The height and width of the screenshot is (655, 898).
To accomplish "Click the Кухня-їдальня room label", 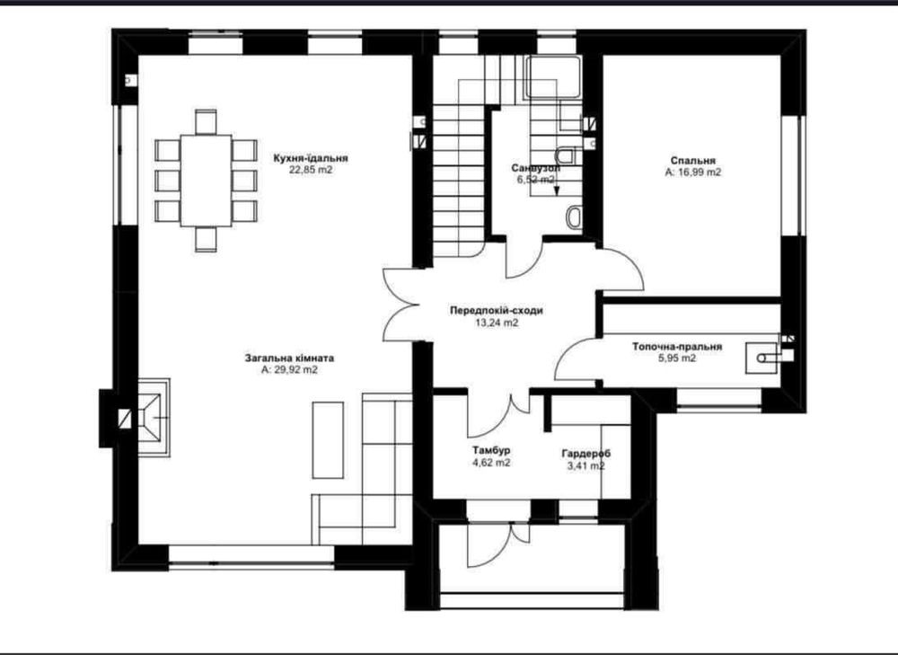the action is pyautogui.click(x=311, y=158).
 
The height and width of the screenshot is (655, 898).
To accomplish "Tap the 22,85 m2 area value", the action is pyautogui.click(x=311, y=170).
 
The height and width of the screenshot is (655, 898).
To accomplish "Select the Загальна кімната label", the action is pyautogui.click(x=289, y=358).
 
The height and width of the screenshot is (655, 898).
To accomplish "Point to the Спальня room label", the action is pyautogui.click(x=693, y=161).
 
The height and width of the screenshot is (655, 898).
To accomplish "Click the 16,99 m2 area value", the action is pyautogui.click(x=700, y=172).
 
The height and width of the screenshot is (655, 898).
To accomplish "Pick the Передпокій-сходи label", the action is pyautogui.click(x=497, y=311).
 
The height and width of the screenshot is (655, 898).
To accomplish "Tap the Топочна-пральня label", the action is pyautogui.click(x=677, y=347).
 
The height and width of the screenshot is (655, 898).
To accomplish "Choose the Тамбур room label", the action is pyautogui.click(x=491, y=450).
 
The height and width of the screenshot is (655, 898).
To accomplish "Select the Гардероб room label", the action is pyautogui.click(x=585, y=453).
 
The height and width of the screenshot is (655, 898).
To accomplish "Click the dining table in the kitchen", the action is pyautogui.click(x=207, y=181).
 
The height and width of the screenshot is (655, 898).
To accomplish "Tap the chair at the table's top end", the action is pyautogui.click(x=207, y=122).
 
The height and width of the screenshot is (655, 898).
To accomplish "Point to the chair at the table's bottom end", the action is pyautogui.click(x=207, y=239).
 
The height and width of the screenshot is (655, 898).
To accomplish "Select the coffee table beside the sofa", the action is pyautogui.click(x=328, y=439).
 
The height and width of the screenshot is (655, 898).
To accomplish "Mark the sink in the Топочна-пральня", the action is pyautogui.click(x=762, y=358).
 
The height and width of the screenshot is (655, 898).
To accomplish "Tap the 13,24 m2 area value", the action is pyautogui.click(x=497, y=323).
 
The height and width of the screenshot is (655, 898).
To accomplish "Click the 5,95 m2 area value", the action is pyautogui.click(x=677, y=358).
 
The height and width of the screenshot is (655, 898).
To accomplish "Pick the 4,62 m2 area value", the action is pyautogui.click(x=491, y=463).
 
